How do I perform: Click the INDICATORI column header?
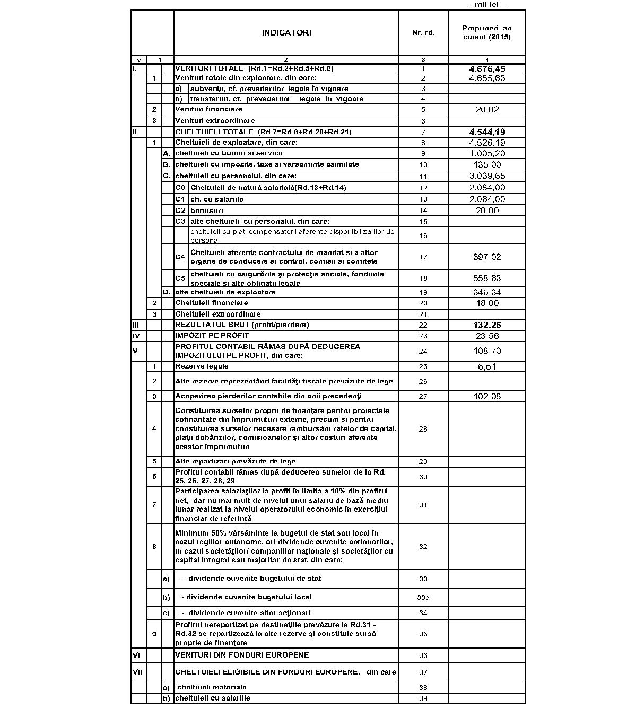pyautogui.click(x=286, y=33)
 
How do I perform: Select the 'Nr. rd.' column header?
pyautogui.click(x=423, y=33)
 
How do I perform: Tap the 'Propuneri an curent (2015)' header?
pyautogui.click(x=486, y=32)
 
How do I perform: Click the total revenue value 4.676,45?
pyautogui.click(x=487, y=69)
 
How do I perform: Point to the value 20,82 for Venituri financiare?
pyautogui.click(x=487, y=110)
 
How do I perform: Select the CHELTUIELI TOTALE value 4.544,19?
pyautogui.click(x=487, y=132)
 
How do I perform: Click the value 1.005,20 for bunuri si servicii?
pyautogui.click(x=487, y=154)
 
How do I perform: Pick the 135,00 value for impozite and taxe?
pyautogui.click(x=487, y=165)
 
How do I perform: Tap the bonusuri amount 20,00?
pyautogui.click(x=487, y=211)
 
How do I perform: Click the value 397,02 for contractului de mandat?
pyautogui.click(x=487, y=257)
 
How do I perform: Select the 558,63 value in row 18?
pyautogui.click(x=487, y=278)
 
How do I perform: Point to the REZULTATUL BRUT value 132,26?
pyautogui.click(x=487, y=325)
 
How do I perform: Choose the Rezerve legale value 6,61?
pyautogui.click(x=487, y=366)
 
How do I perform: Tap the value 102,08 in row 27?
pyautogui.click(x=487, y=397)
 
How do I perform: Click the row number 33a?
pyautogui.click(x=423, y=598)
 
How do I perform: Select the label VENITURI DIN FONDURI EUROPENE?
pyautogui.click(x=242, y=655)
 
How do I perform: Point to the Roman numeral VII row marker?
pyautogui.click(x=137, y=672)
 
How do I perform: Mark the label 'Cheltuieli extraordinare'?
pyautogui.click(x=211, y=314)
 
